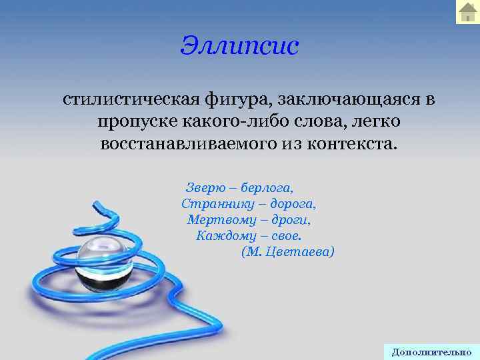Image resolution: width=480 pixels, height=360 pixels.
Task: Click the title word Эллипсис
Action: [x=240, y=45]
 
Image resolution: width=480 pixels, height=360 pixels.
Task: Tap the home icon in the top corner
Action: [x=467, y=12]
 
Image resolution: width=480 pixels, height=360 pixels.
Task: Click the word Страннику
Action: [x=213, y=202]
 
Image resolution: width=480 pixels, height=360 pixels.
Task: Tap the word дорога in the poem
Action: [x=289, y=202]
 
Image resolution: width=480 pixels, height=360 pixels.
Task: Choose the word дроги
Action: [x=291, y=219]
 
